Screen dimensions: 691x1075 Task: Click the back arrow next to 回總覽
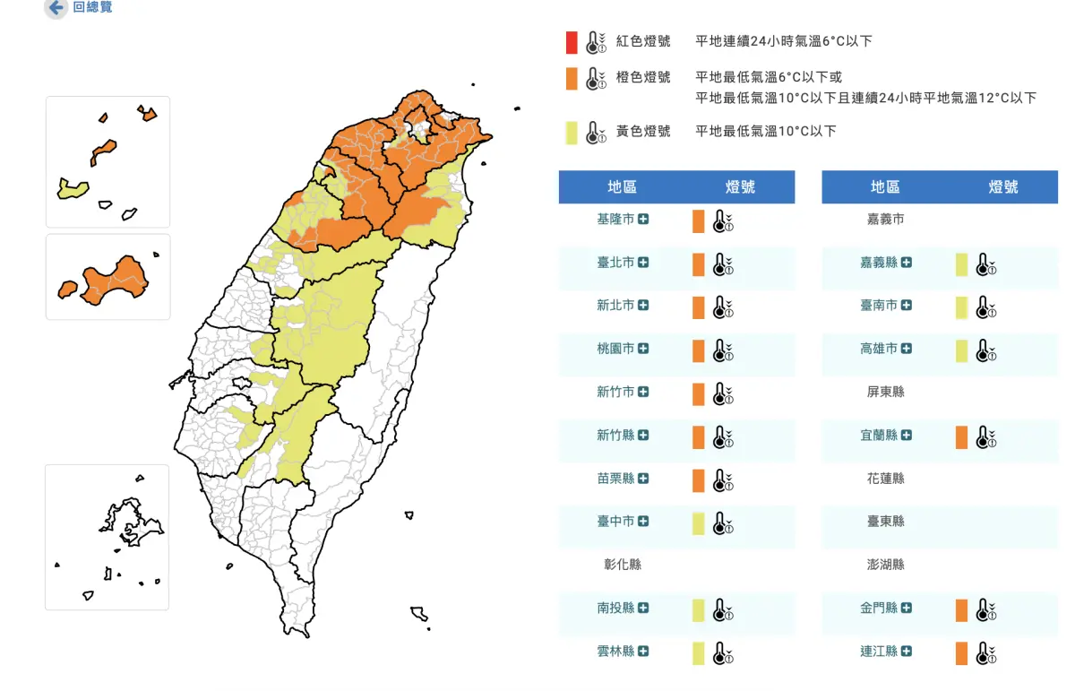(x=56, y=8)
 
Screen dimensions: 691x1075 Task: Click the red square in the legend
(x=572, y=42)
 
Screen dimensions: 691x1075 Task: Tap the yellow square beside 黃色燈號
(x=572, y=133)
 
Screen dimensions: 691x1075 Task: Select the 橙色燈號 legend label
(x=643, y=78)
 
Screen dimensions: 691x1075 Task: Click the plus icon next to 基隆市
(x=643, y=220)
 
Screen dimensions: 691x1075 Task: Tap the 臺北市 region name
(x=615, y=263)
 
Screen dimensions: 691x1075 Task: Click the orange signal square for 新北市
(x=699, y=307)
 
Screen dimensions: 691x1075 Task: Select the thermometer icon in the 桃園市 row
(x=722, y=350)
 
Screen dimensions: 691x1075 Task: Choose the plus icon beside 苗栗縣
(x=643, y=479)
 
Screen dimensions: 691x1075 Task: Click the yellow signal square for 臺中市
(x=699, y=523)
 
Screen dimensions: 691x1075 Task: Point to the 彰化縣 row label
(x=623, y=565)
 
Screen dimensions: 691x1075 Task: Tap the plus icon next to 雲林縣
(x=643, y=652)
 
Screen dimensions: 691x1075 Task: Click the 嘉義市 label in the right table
(x=885, y=220)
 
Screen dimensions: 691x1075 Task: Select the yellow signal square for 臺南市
(x=961, y=307)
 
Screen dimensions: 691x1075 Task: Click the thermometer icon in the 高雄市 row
(x=985, y=350)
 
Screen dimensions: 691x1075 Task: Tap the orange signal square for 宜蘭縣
(x=961, y=437)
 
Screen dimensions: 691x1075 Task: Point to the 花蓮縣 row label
(x=885, y=479)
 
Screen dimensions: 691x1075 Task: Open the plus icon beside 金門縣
(x=907, y=609)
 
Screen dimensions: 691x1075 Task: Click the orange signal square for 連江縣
(x=961, y=653)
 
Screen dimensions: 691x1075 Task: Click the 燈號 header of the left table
(x=740, y=187)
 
